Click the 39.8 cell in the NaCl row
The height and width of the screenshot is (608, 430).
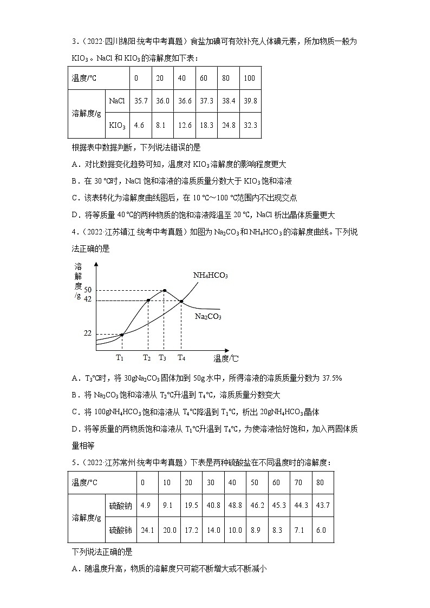[250, 101]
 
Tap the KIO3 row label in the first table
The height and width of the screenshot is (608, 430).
[117, 125]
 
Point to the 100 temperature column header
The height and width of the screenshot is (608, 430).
[249, 78]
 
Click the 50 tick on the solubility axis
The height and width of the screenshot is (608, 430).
[88, 290]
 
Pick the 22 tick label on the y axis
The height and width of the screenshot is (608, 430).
[88, 334]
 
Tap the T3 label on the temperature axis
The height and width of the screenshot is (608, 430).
[163, 357]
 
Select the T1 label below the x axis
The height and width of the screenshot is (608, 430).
[120, 357]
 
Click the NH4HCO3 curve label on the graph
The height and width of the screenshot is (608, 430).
[211, 276]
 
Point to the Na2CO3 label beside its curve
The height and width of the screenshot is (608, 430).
[208, 317]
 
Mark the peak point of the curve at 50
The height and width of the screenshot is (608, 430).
[165, 290]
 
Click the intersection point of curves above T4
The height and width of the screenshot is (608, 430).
[181, 301]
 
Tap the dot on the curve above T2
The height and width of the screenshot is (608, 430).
[148, 300]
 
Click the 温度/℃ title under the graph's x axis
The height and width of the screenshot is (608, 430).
[226, 358]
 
